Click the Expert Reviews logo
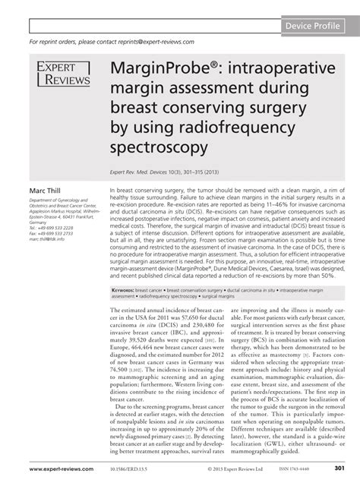tap(62, 74)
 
